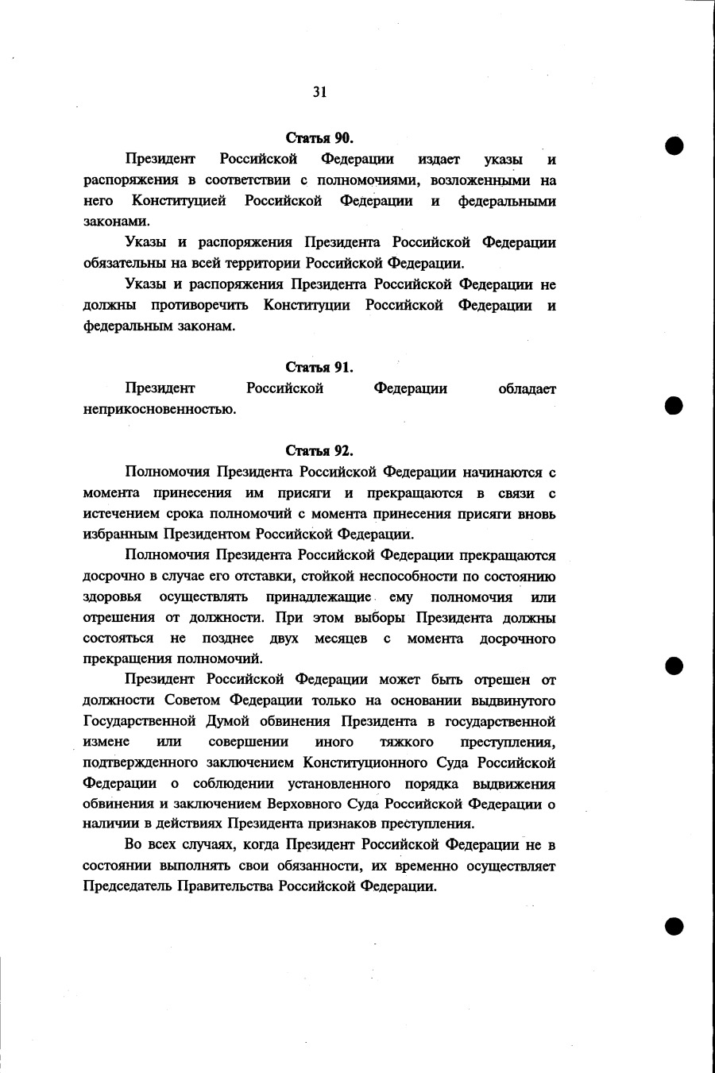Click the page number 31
pos(319,92)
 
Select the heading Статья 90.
pos(319,138)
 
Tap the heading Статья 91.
pos(319,367)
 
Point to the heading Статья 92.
pos(319,451)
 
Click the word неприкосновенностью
pos(160,410)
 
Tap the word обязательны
pos(120,264)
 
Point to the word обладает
pos(527,388)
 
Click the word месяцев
pos(341,639)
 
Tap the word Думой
pos(231,721)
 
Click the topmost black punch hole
pos(675,146)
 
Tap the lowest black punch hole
pos(675,925)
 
